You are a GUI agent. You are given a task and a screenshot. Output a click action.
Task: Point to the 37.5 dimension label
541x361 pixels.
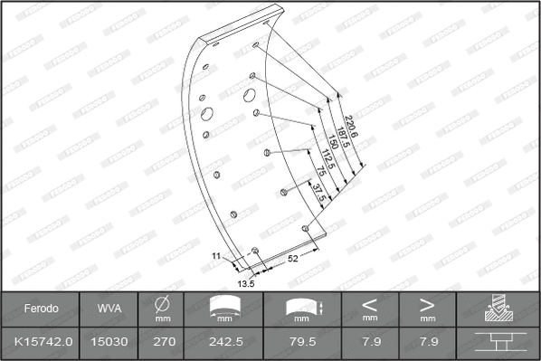tap(318, 193)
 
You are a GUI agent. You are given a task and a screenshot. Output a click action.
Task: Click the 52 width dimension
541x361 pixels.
tap(293, 258)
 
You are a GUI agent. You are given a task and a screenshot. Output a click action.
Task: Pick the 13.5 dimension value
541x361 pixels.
tap(246, 283)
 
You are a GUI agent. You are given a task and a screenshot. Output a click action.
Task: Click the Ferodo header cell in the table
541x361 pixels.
tap(41, 309)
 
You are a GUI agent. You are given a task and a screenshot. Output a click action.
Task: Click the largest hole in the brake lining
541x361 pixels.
tap(207, 114)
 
